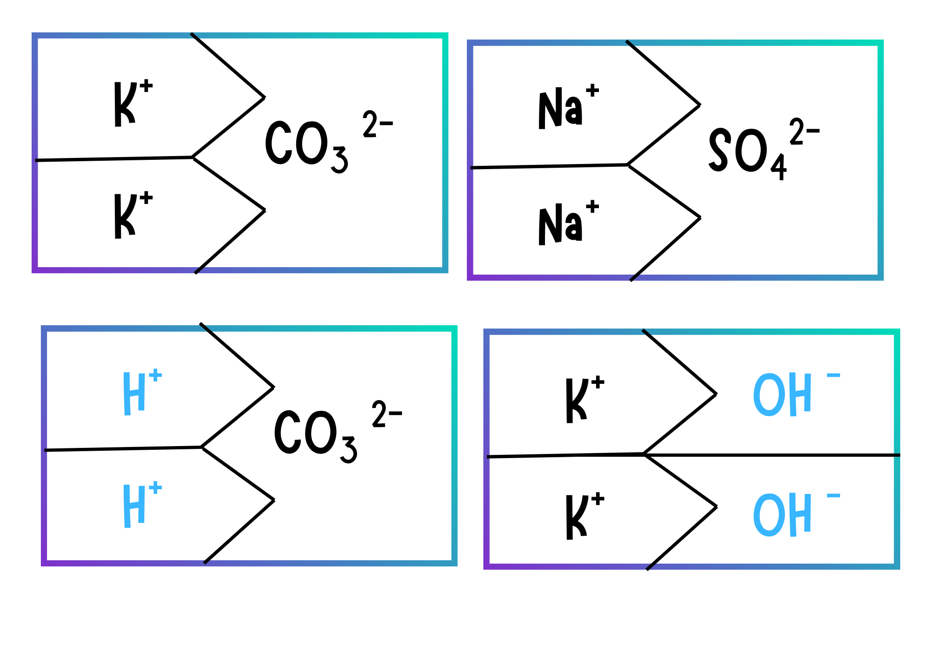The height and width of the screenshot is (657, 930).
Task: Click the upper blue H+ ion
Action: coord(140,393)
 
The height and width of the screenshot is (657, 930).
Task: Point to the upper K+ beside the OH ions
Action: coord(583,400)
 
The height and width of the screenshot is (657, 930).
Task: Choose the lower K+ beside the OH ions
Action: coord(583,516)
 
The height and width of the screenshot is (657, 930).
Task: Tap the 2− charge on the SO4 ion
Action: coord(804,131)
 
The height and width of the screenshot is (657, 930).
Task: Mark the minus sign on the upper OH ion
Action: coord(833,375)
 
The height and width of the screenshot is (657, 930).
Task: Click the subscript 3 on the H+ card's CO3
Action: coord(348,450)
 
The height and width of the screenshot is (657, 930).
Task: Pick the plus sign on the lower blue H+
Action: coord(155,487)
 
